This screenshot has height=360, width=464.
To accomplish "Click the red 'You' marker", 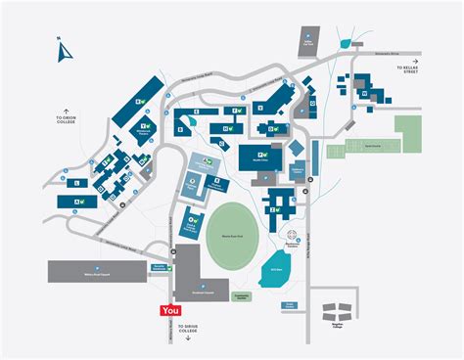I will coord(171,309).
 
